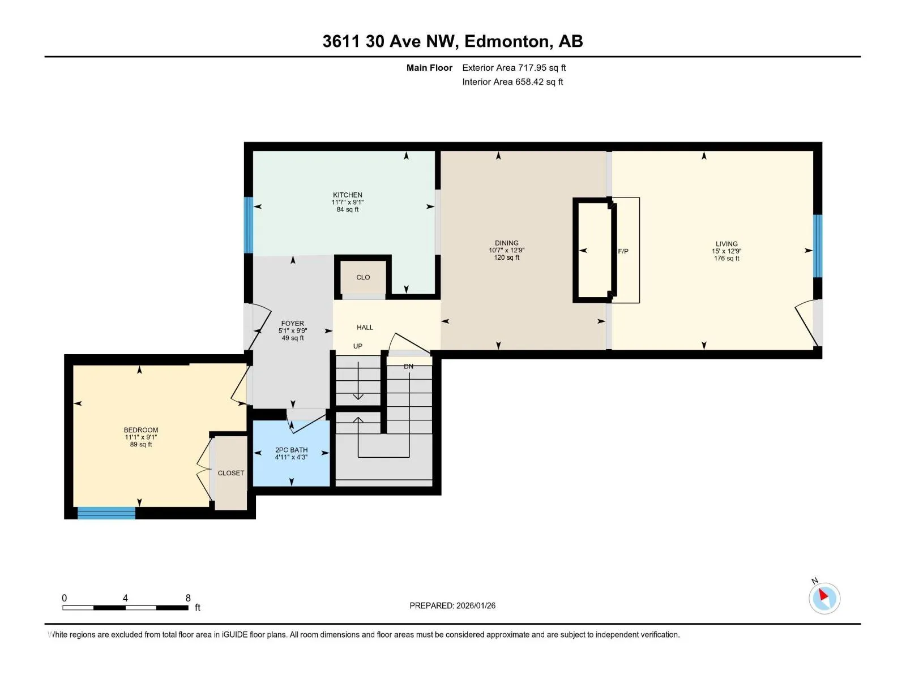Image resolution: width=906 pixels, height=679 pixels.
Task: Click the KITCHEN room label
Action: tap(348, 195)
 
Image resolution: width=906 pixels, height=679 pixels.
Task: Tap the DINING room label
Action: tap(506, 243)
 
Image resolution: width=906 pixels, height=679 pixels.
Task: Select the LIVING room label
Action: tap(726, 244)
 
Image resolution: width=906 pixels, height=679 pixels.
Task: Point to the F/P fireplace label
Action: tap(623, 251)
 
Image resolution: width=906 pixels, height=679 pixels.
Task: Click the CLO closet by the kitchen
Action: tap(363, 277)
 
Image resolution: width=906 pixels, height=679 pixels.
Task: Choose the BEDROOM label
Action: tap(141, 430)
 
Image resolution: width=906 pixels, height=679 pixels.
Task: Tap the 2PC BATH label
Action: tap(292, 450)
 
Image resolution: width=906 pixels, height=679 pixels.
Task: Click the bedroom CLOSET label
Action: tap(230, 473)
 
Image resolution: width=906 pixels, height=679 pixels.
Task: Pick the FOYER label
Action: tap(292, 324)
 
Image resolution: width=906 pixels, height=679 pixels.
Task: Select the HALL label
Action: tap(365, 328)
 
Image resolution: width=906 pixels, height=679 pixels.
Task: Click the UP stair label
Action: tap(357, 346)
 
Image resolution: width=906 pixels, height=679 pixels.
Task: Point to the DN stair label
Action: tap(408, 366)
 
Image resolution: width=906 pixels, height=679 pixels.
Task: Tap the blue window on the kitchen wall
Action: tap(248, 225)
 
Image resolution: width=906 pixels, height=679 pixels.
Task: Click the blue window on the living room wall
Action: tap(817, 246)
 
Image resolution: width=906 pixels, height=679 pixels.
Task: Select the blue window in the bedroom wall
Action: tap(106, 513)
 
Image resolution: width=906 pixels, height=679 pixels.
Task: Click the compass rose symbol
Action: tap(824, 598)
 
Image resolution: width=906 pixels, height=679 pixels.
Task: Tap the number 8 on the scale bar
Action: tap(188, 598)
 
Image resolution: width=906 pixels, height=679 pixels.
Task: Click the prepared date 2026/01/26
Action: tap(476, 605)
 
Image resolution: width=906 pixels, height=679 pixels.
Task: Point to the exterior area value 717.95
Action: tap(532, 67)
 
